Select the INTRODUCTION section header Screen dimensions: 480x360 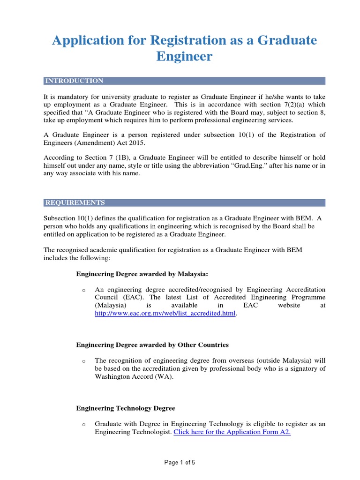[x=74, y=81]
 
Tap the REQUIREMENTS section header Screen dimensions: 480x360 [x=75, y=202]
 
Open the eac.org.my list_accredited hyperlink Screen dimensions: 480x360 [x=165, y=313]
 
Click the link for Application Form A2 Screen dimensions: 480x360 [x=232, y=432]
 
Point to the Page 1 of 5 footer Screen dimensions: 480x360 [x=180, y=462]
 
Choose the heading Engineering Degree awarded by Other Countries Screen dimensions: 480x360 [x=152, y=345]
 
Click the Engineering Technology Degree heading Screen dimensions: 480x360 [x=126, y=408]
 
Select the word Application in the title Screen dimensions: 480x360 [x=85, y=41]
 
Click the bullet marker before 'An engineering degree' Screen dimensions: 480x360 [x=83, y=290]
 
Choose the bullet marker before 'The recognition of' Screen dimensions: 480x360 [x=83, y=361]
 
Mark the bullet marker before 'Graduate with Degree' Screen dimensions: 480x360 [x=83, y=424]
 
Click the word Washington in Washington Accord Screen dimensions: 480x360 [x=113, y=376]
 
